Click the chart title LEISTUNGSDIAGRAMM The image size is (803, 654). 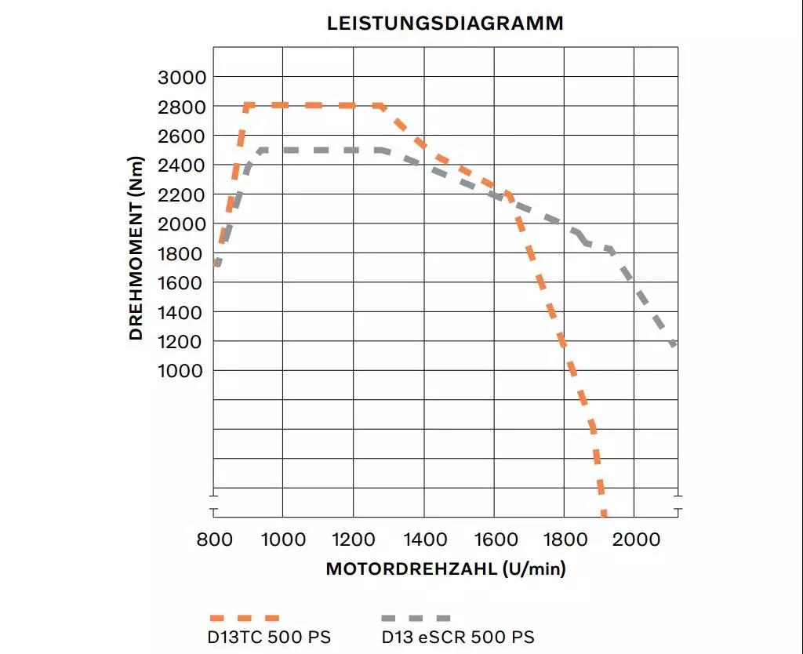[445, 24]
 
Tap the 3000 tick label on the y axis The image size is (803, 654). [181, 77]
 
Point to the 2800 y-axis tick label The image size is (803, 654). [181, 107]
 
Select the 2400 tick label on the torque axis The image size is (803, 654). [181, 165]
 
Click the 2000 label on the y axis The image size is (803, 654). [181, 224]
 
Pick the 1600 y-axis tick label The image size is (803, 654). [181, 283]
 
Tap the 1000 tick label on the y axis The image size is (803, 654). [181, 371]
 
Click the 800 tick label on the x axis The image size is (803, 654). [213, 540]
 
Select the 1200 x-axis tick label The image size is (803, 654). [353, 540]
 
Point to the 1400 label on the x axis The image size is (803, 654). [423, 540]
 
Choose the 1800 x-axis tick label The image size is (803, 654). [564, 540]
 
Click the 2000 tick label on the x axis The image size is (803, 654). [634, 540]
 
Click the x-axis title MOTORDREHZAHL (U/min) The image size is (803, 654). [445, 569]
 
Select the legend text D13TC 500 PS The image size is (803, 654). [269, 637]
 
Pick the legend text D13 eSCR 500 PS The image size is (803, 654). [458, 637]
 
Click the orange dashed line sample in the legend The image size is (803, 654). [243, 618]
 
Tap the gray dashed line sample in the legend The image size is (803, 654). [416, 618]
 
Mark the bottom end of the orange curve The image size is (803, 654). [604, 513]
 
